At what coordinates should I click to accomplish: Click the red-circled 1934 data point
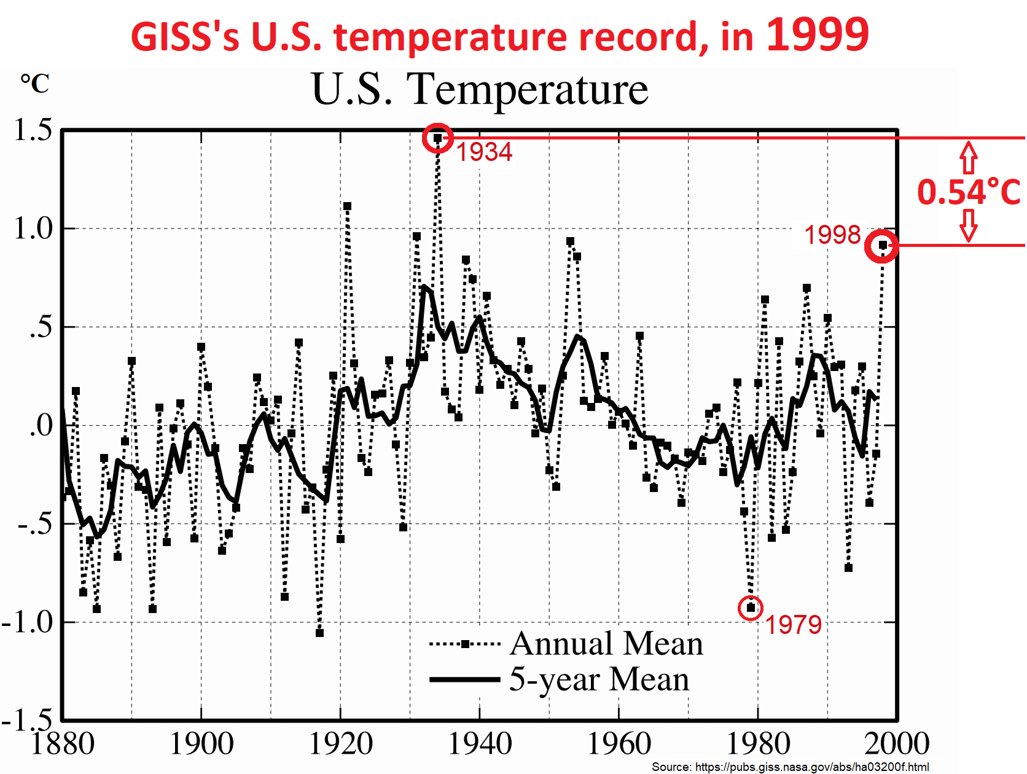tap(438, 138)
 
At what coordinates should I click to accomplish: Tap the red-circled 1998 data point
tap(882, 246)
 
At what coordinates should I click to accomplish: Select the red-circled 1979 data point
tap(751, 608)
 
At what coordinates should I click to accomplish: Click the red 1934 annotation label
tap(484, 152)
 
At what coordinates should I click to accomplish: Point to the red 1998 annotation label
tap(832, 235)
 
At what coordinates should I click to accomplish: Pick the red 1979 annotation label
tap(793, 625)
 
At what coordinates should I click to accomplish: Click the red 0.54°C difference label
tap(969, 192)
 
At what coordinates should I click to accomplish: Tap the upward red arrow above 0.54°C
tap(969, 157)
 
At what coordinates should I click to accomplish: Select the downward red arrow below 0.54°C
tap(969, 225)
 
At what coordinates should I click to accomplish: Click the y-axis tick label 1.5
tap(33, 130)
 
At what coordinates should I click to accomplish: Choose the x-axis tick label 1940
tap(480, 744)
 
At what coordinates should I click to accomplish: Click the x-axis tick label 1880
tap(63, 744)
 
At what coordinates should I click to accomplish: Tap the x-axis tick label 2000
tap(897, 744)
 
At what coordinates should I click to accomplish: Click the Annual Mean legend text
tap(606, 644)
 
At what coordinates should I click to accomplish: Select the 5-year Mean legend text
tap(599, 679)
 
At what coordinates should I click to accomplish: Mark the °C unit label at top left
tap(35, 84)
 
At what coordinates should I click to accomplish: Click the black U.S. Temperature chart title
tap(480, 90)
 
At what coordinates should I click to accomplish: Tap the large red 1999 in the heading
tap(818, 34)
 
